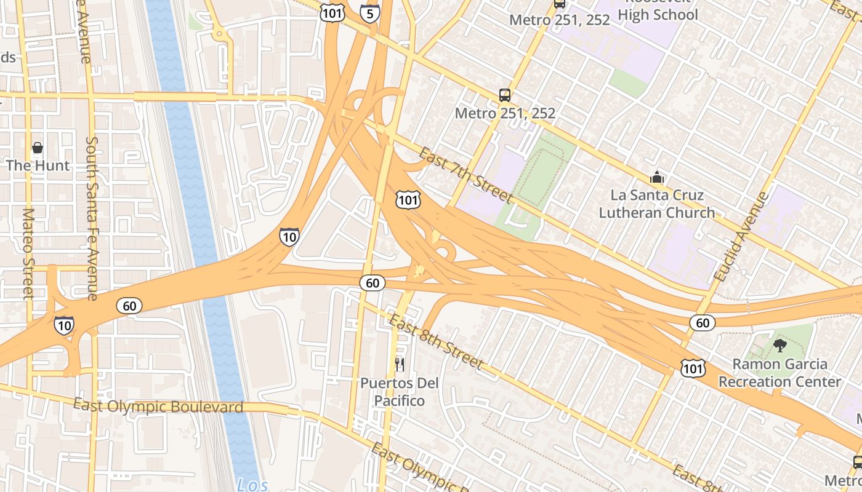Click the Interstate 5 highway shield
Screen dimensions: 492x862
369,12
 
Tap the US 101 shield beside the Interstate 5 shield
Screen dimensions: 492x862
331,12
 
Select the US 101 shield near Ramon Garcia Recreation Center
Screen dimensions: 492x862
693,368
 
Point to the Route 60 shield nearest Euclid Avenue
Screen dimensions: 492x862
702,322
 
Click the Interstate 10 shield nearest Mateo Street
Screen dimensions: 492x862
64,325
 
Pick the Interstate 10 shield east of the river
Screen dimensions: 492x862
289,236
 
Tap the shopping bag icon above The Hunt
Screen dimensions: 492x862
38,148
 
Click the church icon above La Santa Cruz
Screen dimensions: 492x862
657,178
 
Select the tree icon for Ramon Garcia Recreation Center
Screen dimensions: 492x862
779,345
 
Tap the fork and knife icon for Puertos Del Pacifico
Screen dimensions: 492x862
400,365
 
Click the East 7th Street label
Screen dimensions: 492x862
465,175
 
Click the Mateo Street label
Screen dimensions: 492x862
28,253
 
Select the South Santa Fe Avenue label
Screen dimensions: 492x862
92,218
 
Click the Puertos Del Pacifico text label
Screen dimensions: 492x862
400,392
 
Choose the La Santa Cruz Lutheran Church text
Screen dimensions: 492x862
657,204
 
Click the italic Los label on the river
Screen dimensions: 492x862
252,485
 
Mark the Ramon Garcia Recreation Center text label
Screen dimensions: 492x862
779,373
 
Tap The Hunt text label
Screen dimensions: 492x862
38,165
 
